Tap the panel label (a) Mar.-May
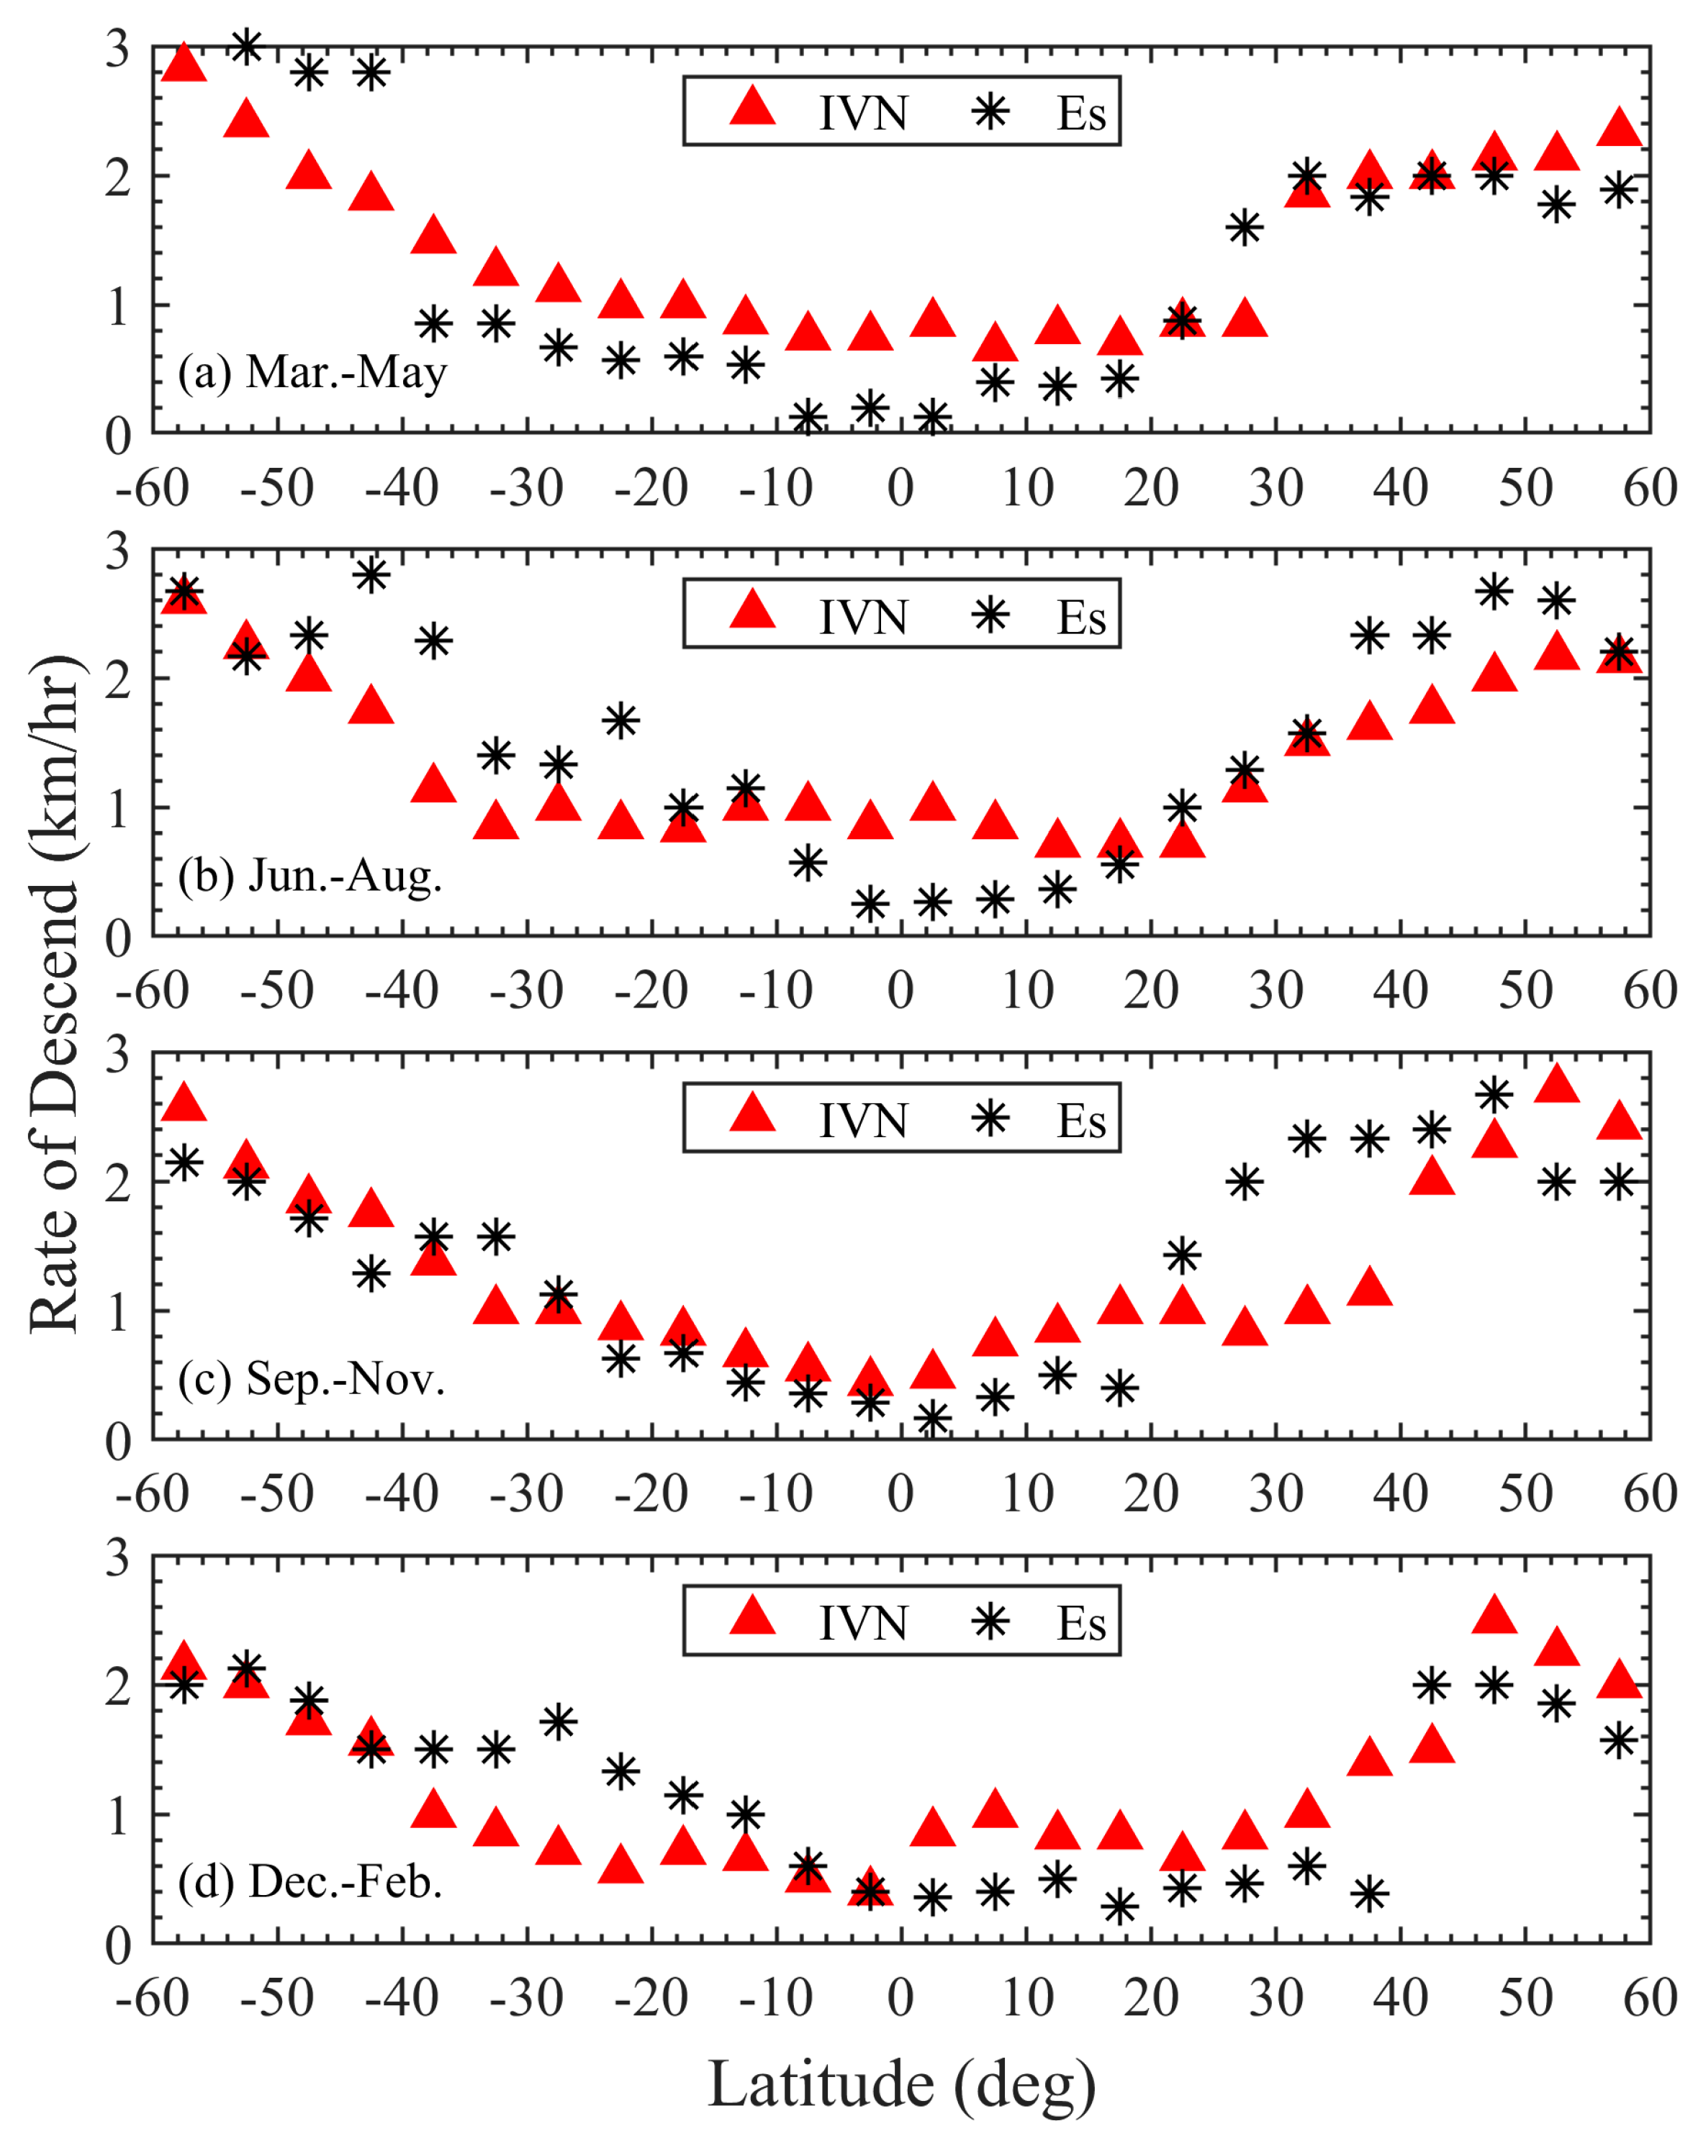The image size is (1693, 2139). click(x=312, y=371)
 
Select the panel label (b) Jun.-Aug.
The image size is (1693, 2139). click(x=310, y=875)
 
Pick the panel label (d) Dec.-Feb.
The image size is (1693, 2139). click(x=310, y=1881)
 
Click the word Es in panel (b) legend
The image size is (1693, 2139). click(x=1080, y=617)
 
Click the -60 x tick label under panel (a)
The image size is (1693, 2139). click(x=152, y=488)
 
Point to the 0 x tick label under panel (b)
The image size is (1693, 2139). click(x=900, y=990)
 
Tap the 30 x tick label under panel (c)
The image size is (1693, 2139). click(x=1275, y=1493)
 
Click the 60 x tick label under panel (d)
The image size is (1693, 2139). click(x=1649, y=1996)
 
